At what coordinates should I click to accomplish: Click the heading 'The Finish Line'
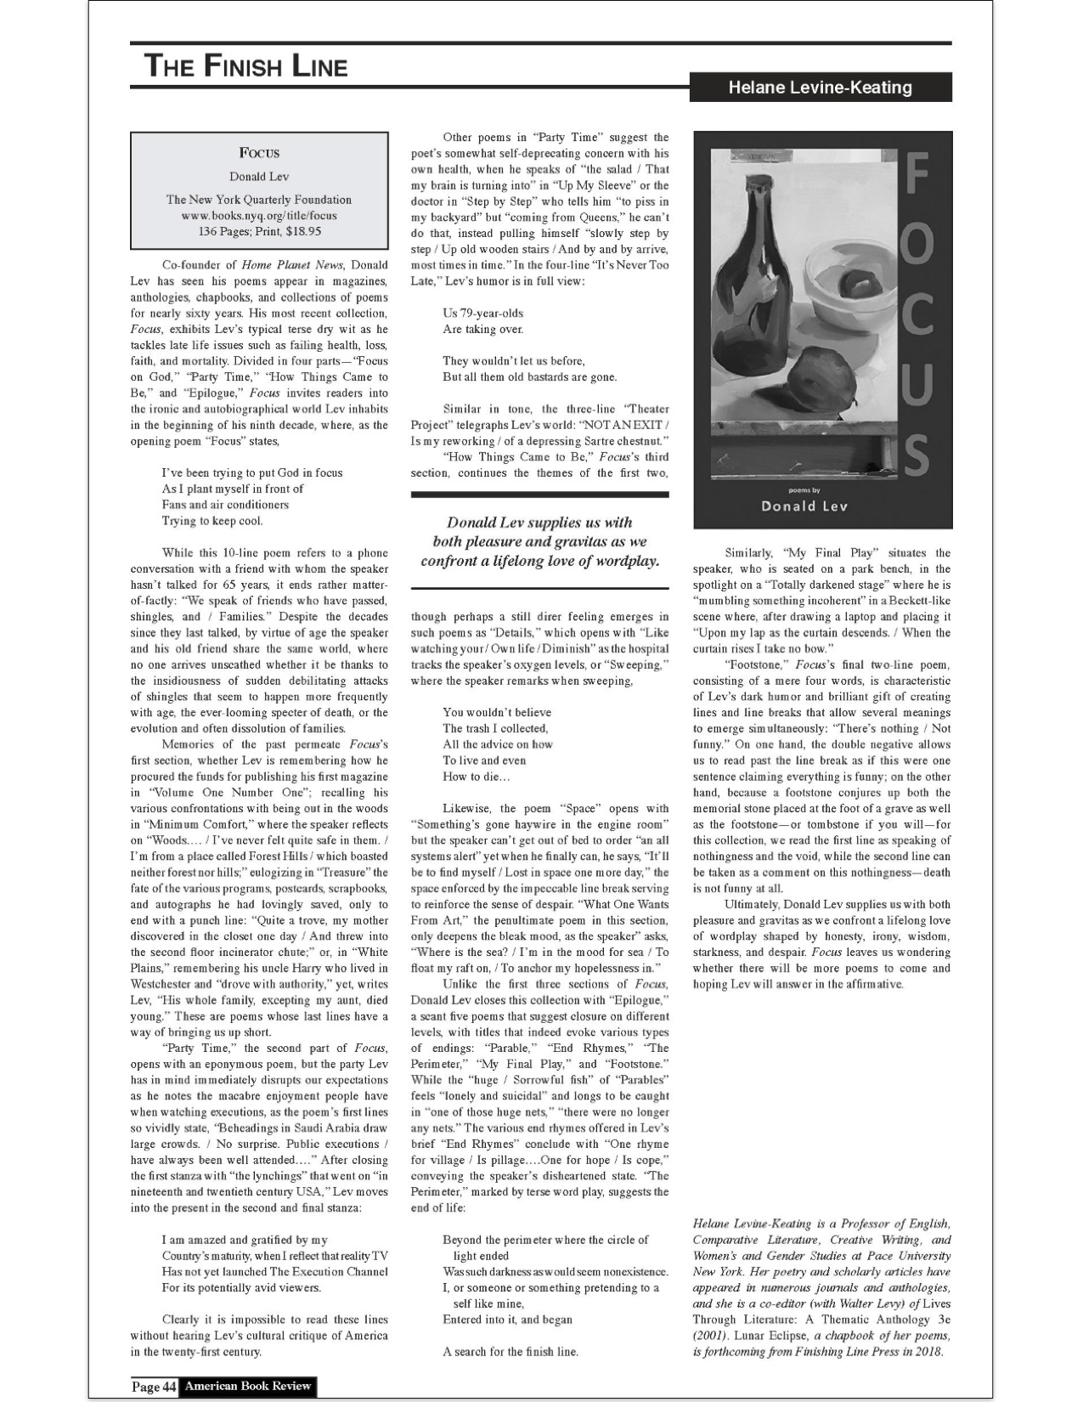[x=245, y=65]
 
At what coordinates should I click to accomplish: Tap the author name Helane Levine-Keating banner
[x=820, y=88]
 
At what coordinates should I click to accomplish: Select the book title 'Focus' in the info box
[x=259, y=153]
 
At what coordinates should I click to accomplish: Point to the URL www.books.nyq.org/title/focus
[x=258, y=216]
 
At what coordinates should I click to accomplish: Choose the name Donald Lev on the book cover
[x=804, y=507]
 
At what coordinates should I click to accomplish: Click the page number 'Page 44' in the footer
[x=154, y=1387]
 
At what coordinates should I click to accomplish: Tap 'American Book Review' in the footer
[x=248, y=1387]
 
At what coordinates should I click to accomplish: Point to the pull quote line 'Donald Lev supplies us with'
[x=539, y=523]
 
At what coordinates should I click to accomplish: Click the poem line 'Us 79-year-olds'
[x=482, y=314]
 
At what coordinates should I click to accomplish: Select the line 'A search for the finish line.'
[x=510, y=1352]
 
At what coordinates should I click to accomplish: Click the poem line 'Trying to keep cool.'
[x=212, y=521]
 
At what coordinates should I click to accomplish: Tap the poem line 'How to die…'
[x=477, y=777]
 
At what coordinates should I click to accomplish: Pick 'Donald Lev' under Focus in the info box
[x=259, y=177]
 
